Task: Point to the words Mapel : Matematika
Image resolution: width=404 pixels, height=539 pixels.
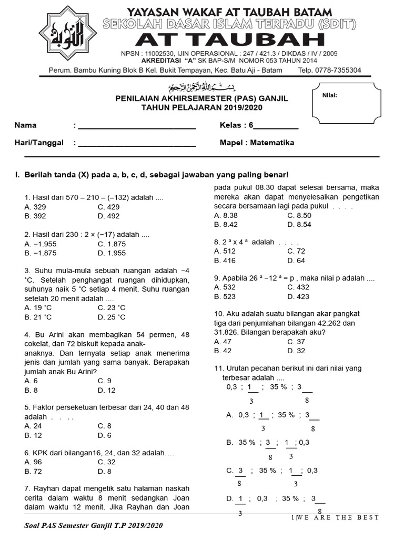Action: (257, 143)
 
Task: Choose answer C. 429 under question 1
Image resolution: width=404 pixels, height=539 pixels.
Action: (108, 207)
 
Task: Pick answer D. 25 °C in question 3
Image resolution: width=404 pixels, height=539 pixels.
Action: (112, 317)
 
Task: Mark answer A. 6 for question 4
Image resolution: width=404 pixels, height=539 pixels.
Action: (31, 381)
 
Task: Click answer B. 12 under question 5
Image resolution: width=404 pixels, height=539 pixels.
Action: (33, 435)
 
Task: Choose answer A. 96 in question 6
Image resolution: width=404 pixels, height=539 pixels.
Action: (33, 462)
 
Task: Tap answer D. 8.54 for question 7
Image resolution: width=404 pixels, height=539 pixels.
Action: (299, 224)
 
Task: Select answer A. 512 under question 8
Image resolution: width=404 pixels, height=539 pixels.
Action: (225, 251)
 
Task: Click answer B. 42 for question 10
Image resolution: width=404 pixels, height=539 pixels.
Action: (223, 351)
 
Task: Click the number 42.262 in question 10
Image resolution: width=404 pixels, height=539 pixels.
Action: (330, 323)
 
